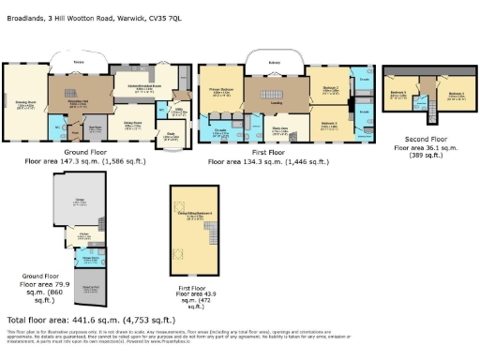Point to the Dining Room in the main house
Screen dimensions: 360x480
132,122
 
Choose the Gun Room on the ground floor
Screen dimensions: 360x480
94,130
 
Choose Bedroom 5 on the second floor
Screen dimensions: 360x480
398,96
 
